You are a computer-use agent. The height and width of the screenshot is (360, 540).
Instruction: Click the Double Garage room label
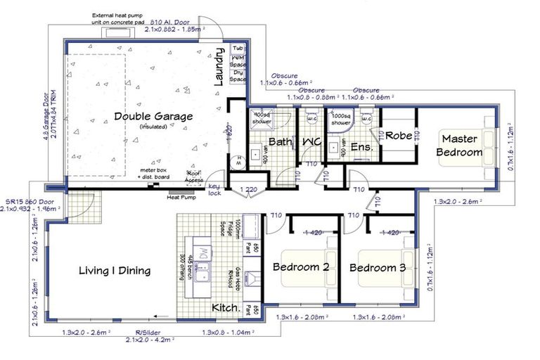(x=153, y=117)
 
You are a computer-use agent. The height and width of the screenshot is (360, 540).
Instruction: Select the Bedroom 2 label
(x=301, y=268)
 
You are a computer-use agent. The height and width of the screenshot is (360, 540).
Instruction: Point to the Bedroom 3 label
(x=378, y=268)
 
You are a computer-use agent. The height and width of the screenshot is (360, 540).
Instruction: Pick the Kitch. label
(x=226, y=308)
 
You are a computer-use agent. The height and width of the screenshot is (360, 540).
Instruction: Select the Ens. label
(x=361, y=148)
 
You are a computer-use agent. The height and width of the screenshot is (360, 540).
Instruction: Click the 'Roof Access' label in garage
(x=194, y=176)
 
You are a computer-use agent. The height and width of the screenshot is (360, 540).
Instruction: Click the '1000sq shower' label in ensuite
(x=341, y=118)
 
